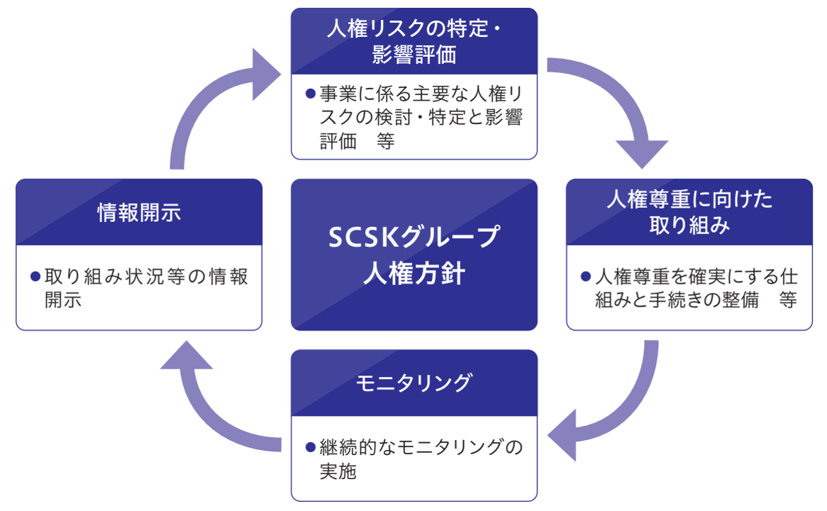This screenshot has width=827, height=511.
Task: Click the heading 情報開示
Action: [139, 212]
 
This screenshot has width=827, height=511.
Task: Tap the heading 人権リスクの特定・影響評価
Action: [414, 41]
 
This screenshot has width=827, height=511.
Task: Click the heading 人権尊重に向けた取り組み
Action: [689, 212]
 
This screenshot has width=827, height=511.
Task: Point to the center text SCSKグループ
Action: [414, 238]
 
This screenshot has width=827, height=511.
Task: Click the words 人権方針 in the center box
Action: [414, 273]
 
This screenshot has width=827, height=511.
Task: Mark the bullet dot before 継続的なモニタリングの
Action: [310, 447]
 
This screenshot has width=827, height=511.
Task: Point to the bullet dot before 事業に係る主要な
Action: [310, 94]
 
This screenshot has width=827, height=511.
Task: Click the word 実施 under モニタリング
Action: [338, 471]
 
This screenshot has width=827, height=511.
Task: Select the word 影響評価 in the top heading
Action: [414, 55]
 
